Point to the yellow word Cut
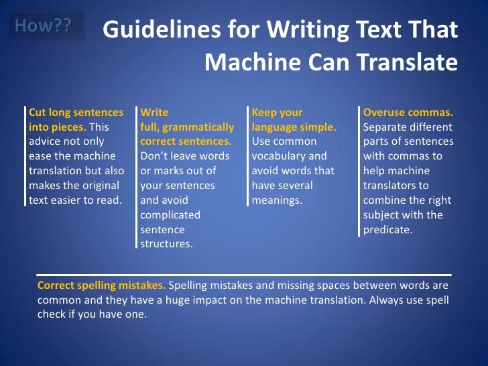click(38, 113)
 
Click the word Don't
click(156, 156)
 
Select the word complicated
click(170, 215)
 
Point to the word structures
click(166, 244)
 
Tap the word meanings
click(277, 200)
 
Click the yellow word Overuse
click(385, 113)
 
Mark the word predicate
click(387, 229)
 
